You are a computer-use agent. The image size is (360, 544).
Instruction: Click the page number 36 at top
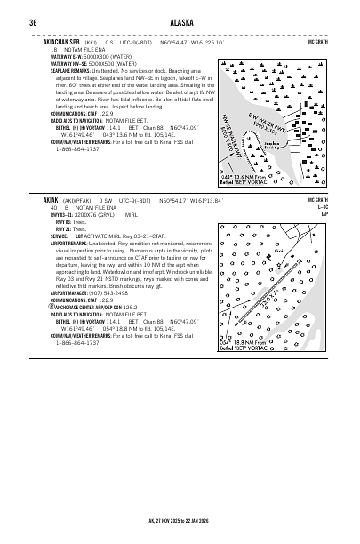click(x=32, y=21)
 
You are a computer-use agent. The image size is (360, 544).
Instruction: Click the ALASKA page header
click(x=180, y=21)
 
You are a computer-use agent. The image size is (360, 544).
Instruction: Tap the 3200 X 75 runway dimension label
click(x=274, y=306)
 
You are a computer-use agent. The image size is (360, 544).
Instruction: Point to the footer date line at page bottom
click(x=180, y=521)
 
